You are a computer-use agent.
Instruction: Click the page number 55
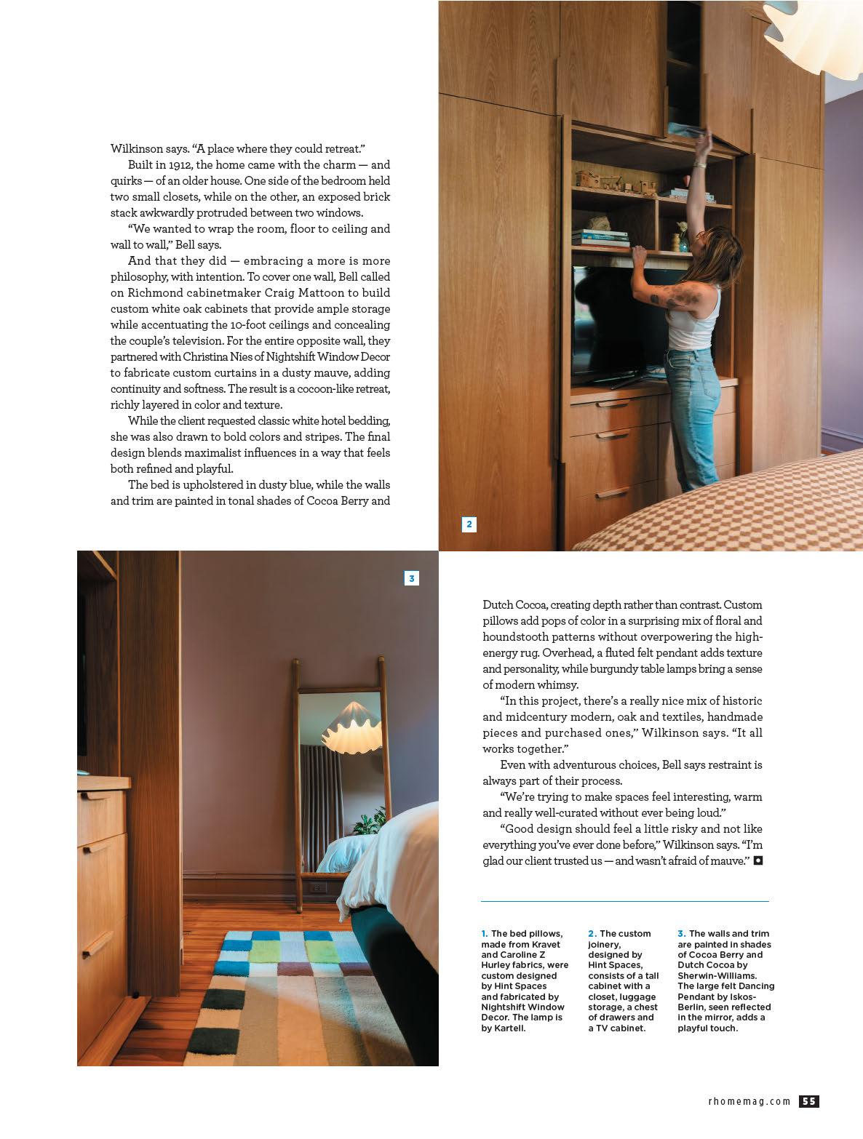[x=809, y=1101]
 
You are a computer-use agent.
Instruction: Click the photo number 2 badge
[x=469, y=524]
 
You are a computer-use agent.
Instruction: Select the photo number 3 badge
[x=412, y=578]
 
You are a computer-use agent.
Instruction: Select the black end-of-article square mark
[x=758, y=860]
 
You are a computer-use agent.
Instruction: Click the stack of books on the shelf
[x=601, y=238]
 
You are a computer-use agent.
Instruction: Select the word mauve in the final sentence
[x=735, y=861]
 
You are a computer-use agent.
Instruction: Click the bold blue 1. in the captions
[x=485, y=933]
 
